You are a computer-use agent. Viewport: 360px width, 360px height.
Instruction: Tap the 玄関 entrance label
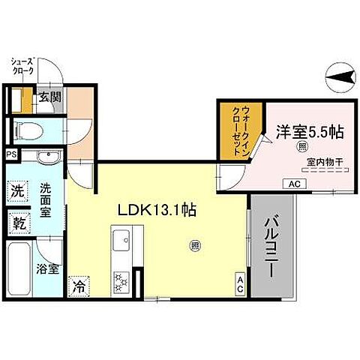(x=50, y=96)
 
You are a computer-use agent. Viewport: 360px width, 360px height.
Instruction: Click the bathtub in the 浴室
(x=18, y=269)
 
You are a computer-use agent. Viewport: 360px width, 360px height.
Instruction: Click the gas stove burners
(x=121, y=282)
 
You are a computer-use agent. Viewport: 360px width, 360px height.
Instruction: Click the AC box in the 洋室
(x=292, y=183)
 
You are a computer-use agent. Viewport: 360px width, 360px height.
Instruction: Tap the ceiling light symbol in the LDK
(x=194, y=244)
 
